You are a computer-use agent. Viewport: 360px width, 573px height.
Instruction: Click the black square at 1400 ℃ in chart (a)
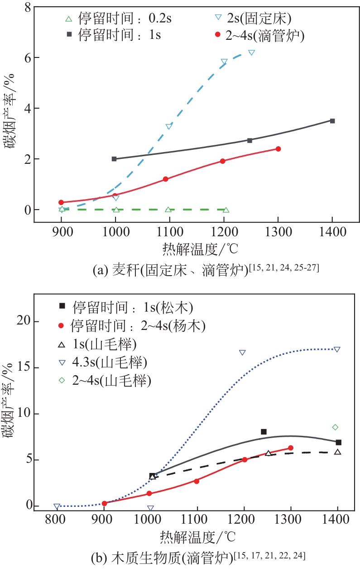[332, 121]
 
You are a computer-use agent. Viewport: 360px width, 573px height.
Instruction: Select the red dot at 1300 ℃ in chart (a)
[278, 149]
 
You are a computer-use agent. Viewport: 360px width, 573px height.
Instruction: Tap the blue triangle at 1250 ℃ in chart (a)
[251, 53]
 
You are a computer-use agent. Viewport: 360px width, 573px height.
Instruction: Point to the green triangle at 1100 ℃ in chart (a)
[168, 209]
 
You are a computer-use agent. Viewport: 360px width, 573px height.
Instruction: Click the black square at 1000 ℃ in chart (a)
[114, 159]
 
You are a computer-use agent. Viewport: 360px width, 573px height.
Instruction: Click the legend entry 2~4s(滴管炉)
[259, 35]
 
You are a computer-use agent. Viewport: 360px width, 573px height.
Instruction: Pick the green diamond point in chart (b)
[335, 427]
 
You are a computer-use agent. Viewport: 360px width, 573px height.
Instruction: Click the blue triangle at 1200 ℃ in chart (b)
[242, 353]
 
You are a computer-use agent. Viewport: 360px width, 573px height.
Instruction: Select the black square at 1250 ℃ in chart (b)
[264, 432]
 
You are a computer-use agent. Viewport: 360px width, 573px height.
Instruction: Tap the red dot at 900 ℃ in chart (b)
[105, 503]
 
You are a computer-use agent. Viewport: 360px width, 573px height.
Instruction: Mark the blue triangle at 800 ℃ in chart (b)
[57, 507]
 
